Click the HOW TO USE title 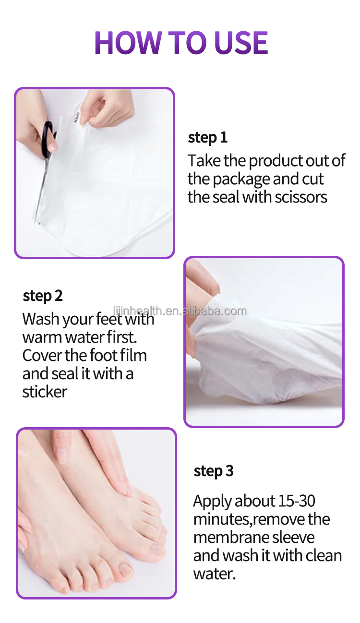click(180, 42)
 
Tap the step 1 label click(207, 138)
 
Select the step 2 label click(43, 296)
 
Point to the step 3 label click(214, 471)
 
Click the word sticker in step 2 click(45, 392)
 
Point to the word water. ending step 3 click(215, 574)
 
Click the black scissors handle click(48, 139)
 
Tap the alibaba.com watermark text click(180, 311)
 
